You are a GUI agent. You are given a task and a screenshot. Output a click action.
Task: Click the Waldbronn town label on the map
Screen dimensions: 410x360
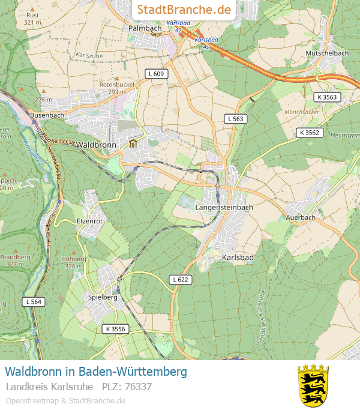point(96,145)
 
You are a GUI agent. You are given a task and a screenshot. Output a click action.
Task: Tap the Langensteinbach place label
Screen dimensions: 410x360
point(224,207)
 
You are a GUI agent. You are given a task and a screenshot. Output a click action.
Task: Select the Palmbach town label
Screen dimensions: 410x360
point(145,28)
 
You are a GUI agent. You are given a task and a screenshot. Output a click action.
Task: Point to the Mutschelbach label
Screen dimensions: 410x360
point(327,53)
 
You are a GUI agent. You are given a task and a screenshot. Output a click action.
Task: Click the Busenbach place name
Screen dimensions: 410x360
point(47,114)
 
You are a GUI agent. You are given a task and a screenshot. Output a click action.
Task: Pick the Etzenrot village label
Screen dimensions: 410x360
point(90,221)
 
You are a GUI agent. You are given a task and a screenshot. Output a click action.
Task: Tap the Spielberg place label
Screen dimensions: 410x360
point(103,297)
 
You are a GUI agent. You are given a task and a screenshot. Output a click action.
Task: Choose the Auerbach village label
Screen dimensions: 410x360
point(301,217)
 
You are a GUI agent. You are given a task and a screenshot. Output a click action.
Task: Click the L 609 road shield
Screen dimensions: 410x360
point(156,73)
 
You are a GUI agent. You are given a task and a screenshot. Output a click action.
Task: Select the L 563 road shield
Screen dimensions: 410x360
point(236,119)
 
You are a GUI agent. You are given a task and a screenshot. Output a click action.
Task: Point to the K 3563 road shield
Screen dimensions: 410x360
point(327,97)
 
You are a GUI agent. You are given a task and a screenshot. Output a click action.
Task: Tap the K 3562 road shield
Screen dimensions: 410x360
point(310,132)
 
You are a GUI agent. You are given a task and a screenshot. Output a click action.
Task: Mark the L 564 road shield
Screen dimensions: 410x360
point(34,301)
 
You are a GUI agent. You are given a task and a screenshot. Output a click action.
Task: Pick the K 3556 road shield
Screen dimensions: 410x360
point(115,328)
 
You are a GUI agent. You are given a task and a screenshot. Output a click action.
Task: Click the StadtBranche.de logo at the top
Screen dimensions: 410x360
point(184,10)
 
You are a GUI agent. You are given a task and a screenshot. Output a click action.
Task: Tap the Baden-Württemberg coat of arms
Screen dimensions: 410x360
point(313,384)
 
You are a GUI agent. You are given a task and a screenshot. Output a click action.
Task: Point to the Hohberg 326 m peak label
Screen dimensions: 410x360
point(73,262)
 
